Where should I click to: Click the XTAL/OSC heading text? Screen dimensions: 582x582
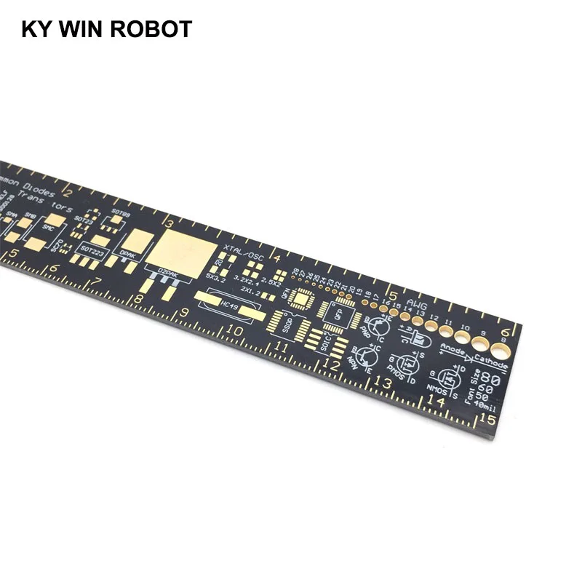click(244, 252)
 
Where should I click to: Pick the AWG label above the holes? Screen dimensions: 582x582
click(416, 304)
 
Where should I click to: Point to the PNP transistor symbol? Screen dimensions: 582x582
click(379, 327)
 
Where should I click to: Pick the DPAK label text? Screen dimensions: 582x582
click(128, 255)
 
